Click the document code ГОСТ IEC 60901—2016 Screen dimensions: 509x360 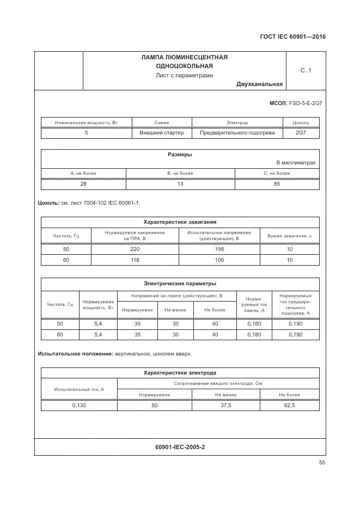click(x=292, y=38)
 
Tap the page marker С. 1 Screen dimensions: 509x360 click(x=306, y=70)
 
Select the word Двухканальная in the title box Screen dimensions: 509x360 click(x=259, y=84)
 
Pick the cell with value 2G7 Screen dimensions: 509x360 click(x=301, y=132)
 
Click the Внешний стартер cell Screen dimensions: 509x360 click(x=162, y=132)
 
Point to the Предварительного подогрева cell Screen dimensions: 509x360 click(x=237, y=132)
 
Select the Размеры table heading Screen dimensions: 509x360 click(x=180, y=154)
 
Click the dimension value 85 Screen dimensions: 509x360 click(x=277, y=184)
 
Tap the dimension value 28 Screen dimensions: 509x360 click(x=83, y=184)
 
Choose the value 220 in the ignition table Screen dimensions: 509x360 click(x=135, y=249)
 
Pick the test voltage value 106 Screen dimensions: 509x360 click(x=219, y=260)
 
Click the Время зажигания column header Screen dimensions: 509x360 click(x=289, y=236)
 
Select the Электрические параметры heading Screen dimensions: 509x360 click(x=180, y=283)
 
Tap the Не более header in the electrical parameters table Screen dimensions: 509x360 click(x=215, y=310)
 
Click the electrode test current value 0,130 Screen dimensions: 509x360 click(x=79, y=406)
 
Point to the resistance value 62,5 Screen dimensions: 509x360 click(x=289, y=406)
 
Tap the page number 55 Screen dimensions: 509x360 click(x=322, y=463)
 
